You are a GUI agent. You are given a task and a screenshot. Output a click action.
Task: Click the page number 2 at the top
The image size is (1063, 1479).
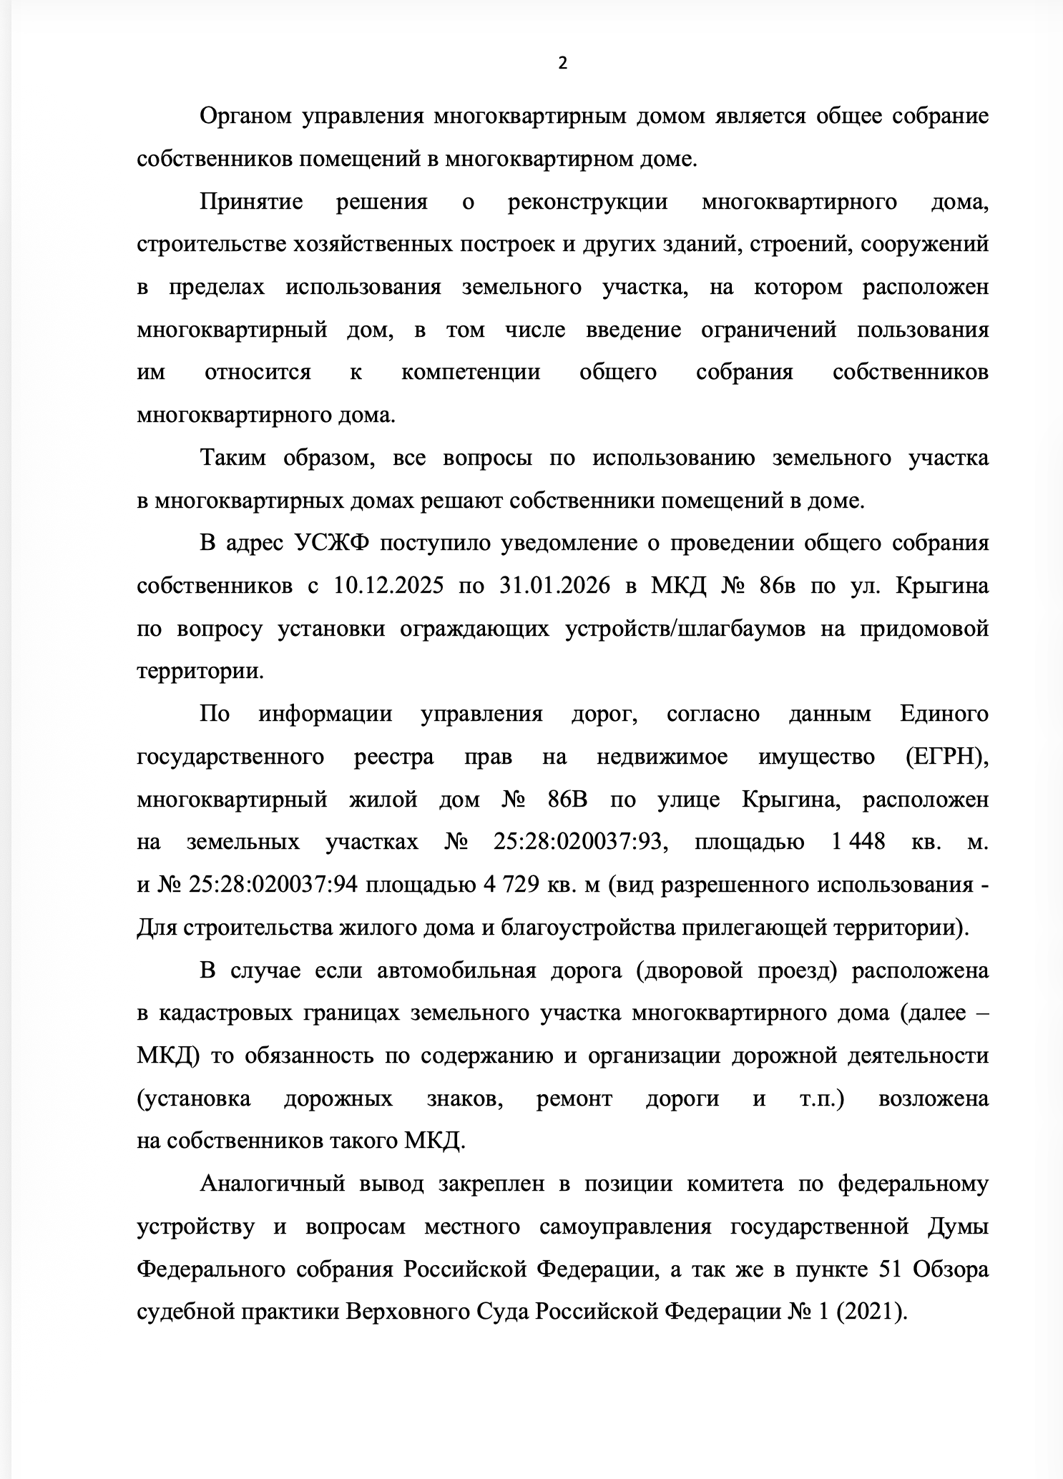coord(562,64)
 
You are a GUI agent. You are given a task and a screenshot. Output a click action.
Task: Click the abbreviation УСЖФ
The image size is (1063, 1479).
coord(331,544)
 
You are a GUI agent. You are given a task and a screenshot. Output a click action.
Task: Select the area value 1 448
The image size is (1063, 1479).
coord(858,842)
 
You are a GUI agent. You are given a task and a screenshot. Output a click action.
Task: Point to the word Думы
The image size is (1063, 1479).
coord(959,1227)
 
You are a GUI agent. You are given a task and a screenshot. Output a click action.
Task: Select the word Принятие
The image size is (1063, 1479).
coord(251,202)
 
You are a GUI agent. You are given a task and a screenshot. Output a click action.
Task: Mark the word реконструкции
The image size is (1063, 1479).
coord(587,202)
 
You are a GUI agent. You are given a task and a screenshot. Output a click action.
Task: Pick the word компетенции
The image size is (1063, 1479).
coord(471,373)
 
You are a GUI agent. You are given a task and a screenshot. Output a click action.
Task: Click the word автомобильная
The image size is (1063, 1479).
coord(456,971)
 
